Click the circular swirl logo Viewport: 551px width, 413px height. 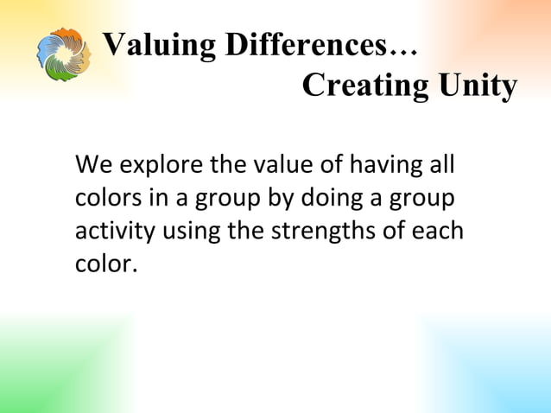(63, 54)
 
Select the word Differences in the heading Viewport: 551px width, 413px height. (302, 44)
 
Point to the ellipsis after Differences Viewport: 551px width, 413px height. (404, 49)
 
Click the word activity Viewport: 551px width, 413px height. (109, 232)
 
